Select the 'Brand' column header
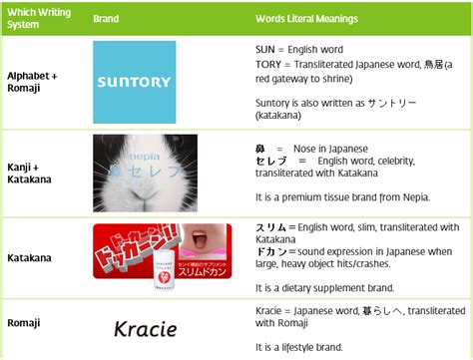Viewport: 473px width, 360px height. click(x=106, y=19)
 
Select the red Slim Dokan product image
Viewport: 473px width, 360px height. click(x=150, y=257)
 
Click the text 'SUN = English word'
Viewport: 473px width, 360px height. click(x=299, y=47)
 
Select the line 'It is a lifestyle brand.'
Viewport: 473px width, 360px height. click(x=299, y=347)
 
